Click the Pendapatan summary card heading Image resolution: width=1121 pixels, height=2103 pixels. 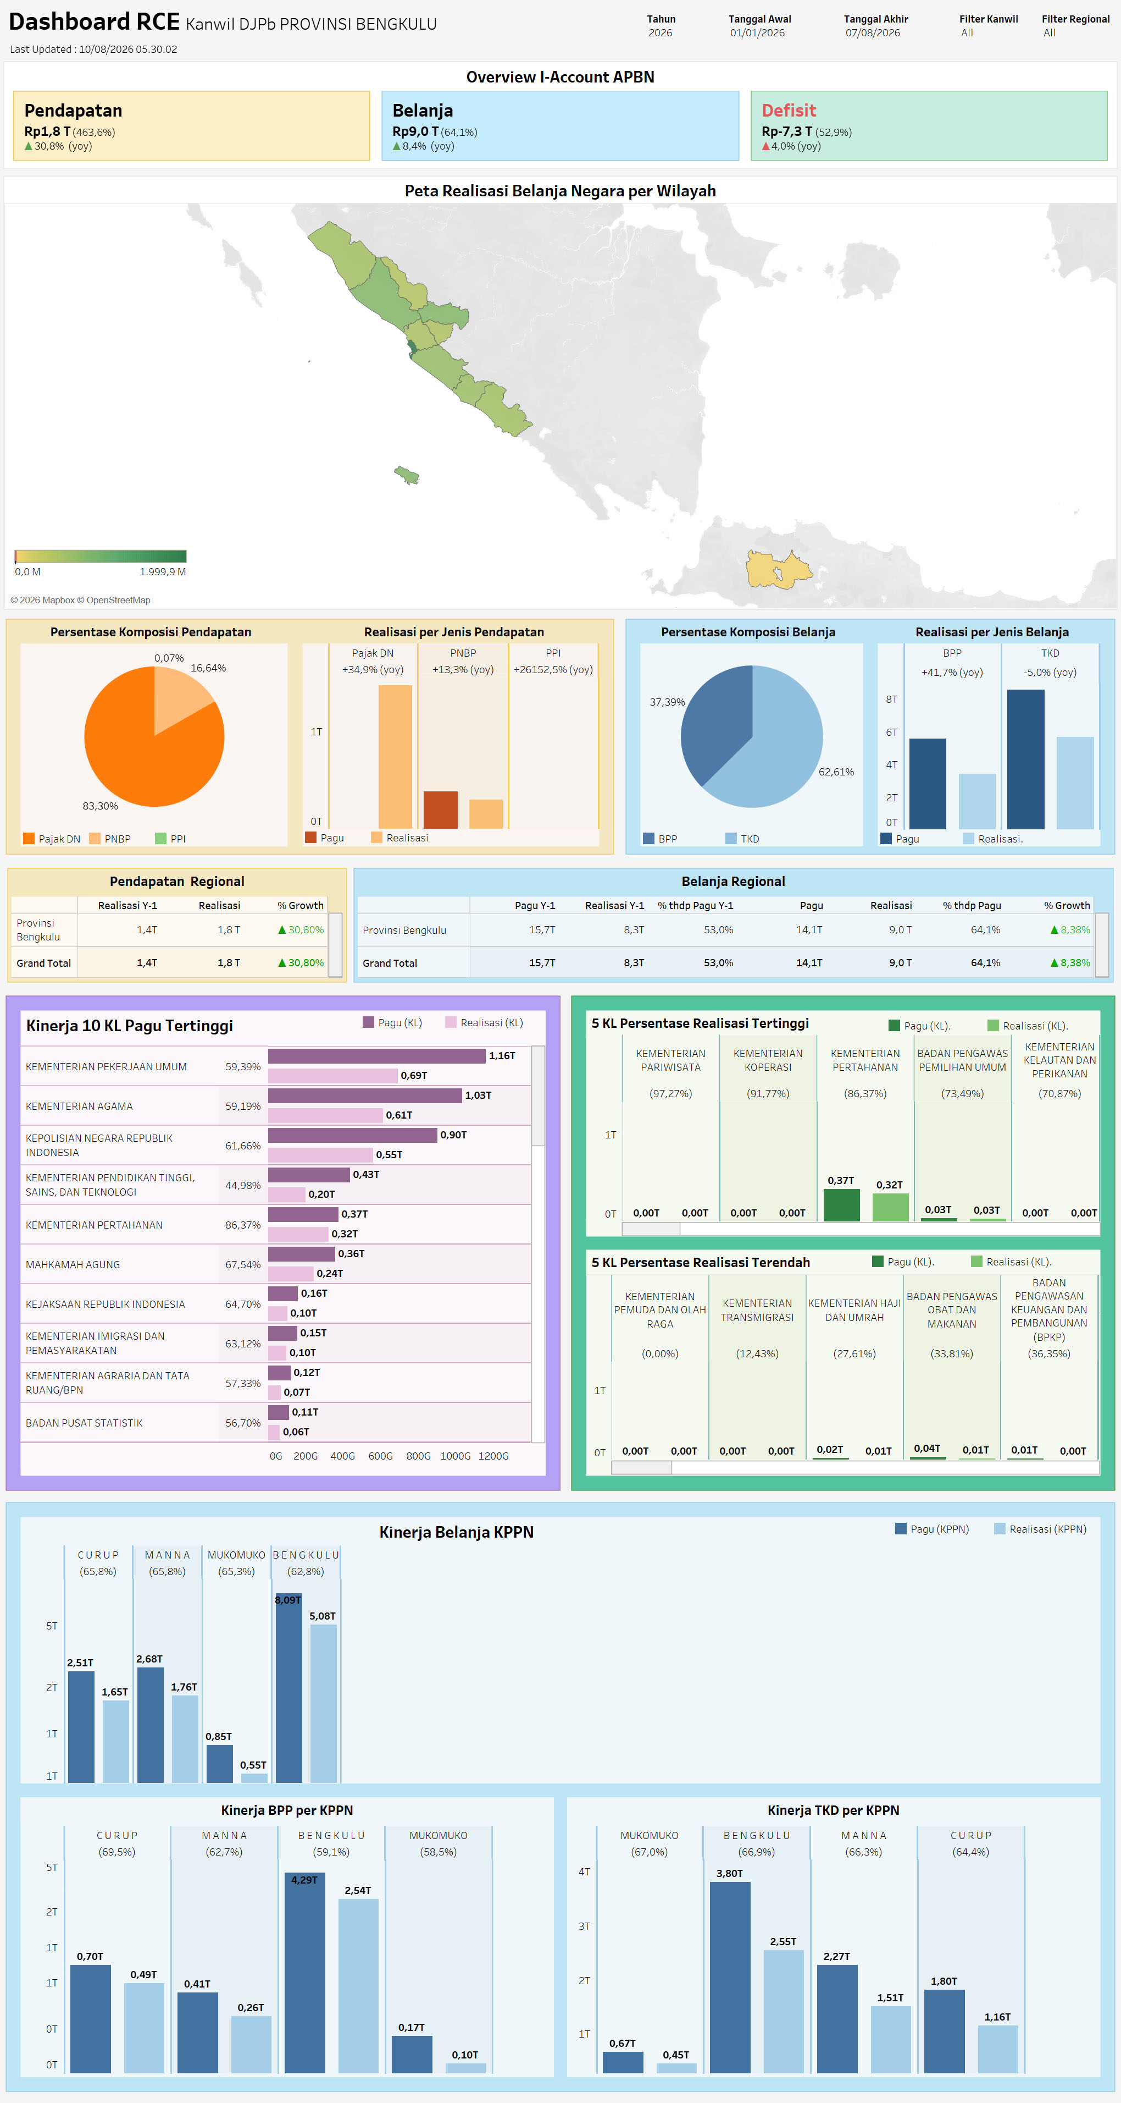tap(74, 110)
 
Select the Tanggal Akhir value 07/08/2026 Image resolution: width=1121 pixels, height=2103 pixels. tap(872, 32)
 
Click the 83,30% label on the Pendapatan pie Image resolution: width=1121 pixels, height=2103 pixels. tap(101, 806)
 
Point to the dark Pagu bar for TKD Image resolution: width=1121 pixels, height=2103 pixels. tap(1025, 759)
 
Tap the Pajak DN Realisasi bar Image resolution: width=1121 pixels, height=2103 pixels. tap(395, 757)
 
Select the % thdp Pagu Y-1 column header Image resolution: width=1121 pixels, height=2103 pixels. tap(695, 905)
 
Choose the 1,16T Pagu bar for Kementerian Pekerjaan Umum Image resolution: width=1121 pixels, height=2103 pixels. tap(377, 1055)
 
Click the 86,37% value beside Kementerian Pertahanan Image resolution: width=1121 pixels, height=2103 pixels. tap(243, 1225)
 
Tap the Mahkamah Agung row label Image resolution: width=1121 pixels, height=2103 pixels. tap(73, 1264)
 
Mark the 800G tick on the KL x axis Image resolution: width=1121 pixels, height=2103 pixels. tap(419, 1456)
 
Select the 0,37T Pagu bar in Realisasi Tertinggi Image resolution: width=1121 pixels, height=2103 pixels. tap(841, 1205)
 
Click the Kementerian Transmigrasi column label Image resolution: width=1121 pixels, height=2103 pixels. tap(757, 1311)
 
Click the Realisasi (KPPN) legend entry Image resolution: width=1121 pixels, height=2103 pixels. tap(1040, 1529)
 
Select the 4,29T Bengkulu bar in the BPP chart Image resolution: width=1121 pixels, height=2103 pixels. tap(304, 1973)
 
